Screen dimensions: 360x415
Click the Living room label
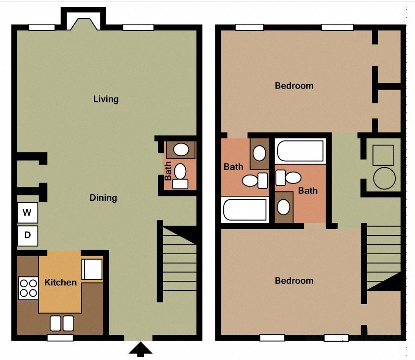click(x=106, y=99)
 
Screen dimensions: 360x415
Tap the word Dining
click(x=103, y=198)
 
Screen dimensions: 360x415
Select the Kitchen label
click(x=61, y=282)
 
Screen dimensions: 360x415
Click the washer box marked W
click(x=28, y=213)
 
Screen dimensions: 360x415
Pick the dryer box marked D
click(x=28, y=235)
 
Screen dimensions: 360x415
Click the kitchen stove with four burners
click(x=28, y=288)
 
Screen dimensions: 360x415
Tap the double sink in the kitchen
click(x=62, y=323)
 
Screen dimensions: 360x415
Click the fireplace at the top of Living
click(x=83, y=22)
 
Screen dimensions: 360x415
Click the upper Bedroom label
click(x=294, y=86)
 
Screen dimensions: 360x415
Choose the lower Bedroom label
click(x=294, y=280)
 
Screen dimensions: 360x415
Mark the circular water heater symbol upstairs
click(x=384, y=178)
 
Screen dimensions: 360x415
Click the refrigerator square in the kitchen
click(x=92, y=269)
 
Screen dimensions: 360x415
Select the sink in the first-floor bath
click(x=181, y=149)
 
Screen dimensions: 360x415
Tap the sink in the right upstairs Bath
click(x=284, y=207)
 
